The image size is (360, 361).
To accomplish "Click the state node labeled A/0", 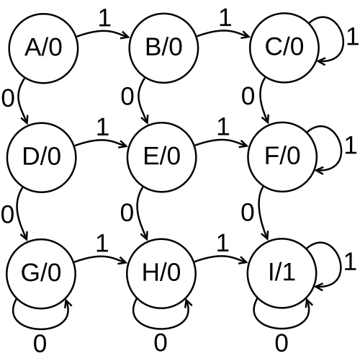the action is pyautogui.click(x=43, y=48).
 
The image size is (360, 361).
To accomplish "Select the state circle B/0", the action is pyautogui.click(x=164, y=48).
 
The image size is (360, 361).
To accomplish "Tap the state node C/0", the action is pyautogui.click(x=284, y=48).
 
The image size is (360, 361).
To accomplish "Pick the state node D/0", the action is pyautogui.click(x=42, y=157).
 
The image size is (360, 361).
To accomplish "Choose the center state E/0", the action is pyautogui.click(x=162, y=157).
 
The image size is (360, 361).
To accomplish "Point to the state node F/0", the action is pyautogui.click(x=282, y=157).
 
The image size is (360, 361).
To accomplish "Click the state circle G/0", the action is pyautogui.click(x=41, y=274).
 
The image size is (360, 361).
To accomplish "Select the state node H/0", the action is pyautogui.click(x=161, y=274).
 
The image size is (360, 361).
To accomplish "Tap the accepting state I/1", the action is pyautogui.click(x=282, y=274).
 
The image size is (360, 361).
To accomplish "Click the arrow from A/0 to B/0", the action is pyautogui.click(x=104, y=32).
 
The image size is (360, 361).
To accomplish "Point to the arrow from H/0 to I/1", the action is pyautogui.click(x=221, y=257).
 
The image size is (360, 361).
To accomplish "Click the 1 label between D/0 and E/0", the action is pyautogui.click(x=102, y=127).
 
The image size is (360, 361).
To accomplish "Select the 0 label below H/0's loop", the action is pyautogui.click(x=161, y=343).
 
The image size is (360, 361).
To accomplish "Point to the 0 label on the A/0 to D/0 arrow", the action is pyautogui.click(x=8, y=98).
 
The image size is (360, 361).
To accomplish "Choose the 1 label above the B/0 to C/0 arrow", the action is pyautogui.click(x=225, y=17).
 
